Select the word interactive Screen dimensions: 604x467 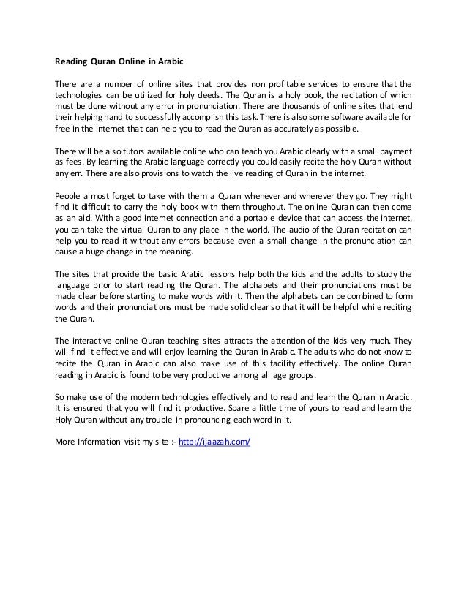coord(94,341)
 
